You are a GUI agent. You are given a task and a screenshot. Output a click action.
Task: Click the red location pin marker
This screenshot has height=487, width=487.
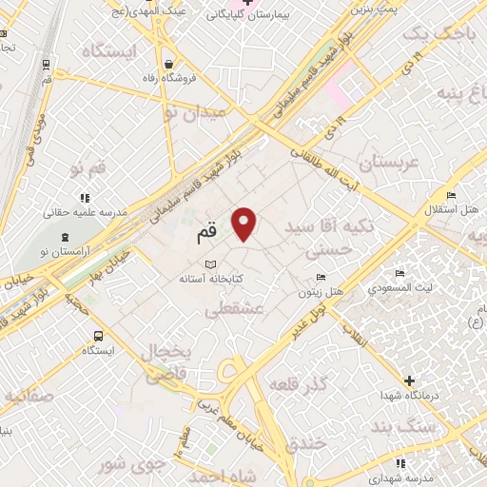(x=245, y=224)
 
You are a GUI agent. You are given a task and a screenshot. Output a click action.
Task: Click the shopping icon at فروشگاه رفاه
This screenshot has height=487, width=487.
(x=168, y=65)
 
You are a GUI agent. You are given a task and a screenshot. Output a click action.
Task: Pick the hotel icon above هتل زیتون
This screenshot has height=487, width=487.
(x=321, y=278)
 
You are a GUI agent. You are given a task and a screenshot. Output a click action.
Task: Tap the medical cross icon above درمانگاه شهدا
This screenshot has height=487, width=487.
(x=410, y=380)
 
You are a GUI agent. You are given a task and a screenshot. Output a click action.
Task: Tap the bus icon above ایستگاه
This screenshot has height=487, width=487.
(x=98, y=336)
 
